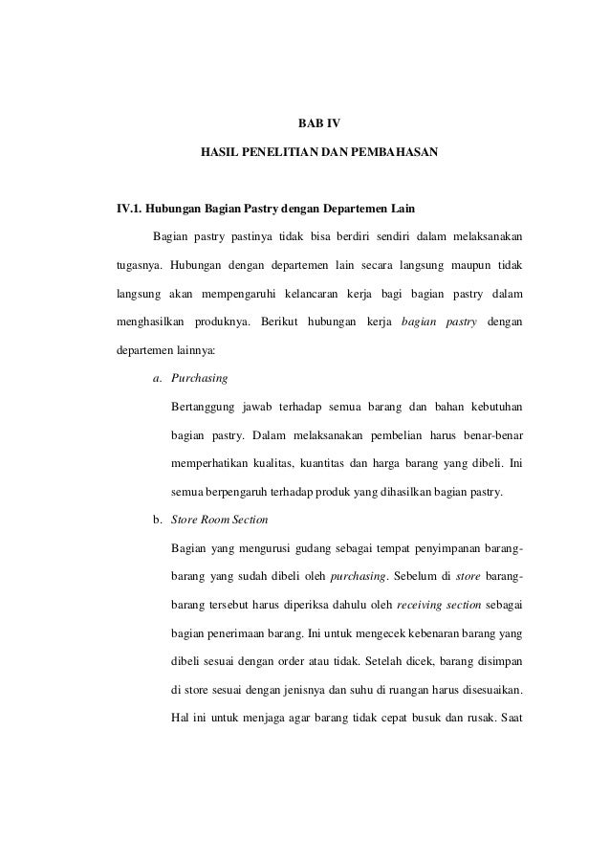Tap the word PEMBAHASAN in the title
[x=394, y=152]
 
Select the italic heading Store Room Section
[x=219, y=521]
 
